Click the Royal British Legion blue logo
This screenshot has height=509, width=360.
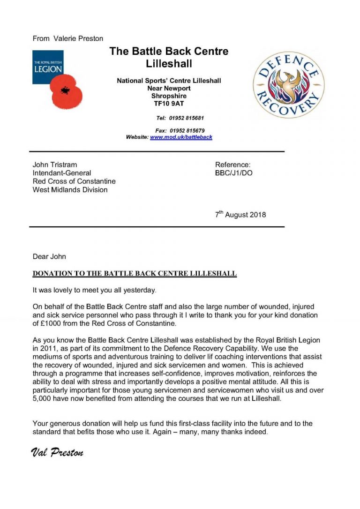[x=47, y=67]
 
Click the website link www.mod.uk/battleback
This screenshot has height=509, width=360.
[x=181, y=137]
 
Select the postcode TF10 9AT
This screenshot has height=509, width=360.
[x=169, y=104]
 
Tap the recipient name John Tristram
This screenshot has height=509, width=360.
[x=55, y=165]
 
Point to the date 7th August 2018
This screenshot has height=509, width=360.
[x=240, y=215]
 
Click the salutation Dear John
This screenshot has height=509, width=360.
[x=49, y=256]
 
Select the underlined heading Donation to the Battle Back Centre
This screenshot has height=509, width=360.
[x=135, y=273]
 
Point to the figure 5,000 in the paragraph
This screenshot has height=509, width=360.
[x=43, y=398]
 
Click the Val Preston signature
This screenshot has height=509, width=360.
[x=57, y=452]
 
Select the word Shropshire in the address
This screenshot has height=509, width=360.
[x=169, y=96]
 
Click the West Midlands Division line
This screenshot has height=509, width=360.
[x=70, y=190]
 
